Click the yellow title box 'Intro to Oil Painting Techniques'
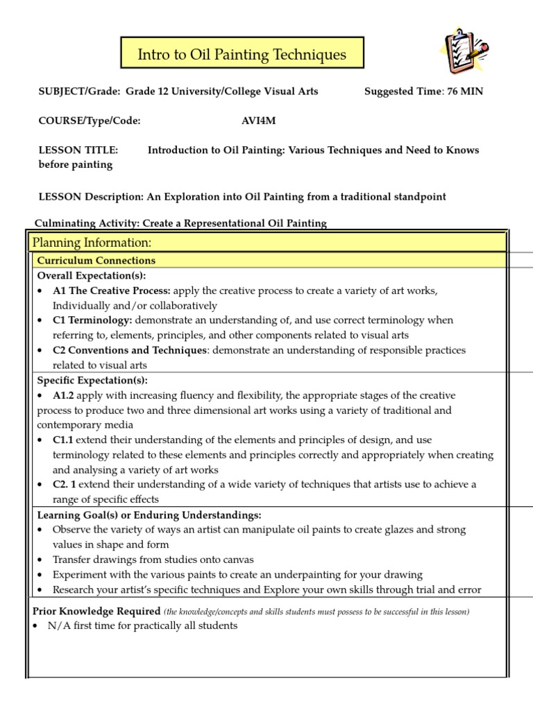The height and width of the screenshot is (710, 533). point(242,54)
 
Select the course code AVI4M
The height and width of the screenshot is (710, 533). point(258,121)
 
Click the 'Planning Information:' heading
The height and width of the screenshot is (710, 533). point(92,243)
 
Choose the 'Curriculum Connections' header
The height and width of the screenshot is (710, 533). point(96,261)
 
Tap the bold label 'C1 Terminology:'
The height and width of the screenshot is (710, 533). point(92,320)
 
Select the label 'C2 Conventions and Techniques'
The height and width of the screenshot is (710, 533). point(130,350)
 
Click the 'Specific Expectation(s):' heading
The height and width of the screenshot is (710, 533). point(92,381)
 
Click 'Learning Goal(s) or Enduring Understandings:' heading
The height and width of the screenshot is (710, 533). point(149,515)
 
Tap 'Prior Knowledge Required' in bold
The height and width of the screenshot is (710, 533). point(96,611)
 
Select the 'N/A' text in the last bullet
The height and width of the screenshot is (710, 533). point(58,625)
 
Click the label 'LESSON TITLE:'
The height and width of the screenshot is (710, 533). point(78,150)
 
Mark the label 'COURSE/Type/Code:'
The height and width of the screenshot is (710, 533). point(90,121)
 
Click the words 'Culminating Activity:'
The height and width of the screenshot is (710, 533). point(86,223)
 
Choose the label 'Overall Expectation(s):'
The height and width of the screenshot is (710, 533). point(90,275)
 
